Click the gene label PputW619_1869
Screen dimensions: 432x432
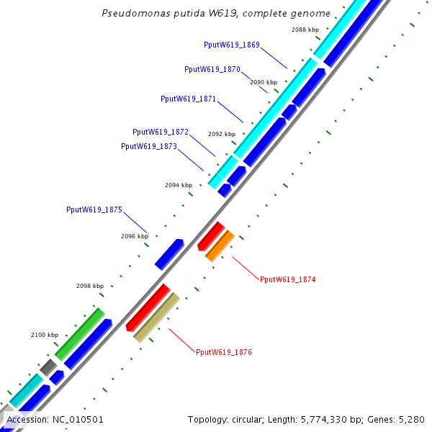tap(232, 45)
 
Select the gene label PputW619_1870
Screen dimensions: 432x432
tap(212, 70)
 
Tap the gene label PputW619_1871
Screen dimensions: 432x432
tap(189, 99)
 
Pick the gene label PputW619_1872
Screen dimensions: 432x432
tap(161, 132)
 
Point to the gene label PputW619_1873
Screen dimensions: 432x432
tap(149, 146)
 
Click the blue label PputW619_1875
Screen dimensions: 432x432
tap(94, 210)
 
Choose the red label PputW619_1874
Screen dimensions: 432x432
tap(288, 279)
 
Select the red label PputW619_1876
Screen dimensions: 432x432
tap(224, 352)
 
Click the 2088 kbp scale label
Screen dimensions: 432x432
tap(305, 30)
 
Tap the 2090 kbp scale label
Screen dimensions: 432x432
tap(264, 82)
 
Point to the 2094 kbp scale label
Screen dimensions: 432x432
tap(179, 185)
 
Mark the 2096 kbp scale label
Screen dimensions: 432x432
tap(134, 236)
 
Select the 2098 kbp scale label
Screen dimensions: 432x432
tap(90, 286)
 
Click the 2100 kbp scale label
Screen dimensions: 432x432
tap(45, 335)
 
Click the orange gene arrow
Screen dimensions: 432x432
tap(220, 246)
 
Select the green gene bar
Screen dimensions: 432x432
tap(80, 334)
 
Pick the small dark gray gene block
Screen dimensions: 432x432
tap(48, 367)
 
